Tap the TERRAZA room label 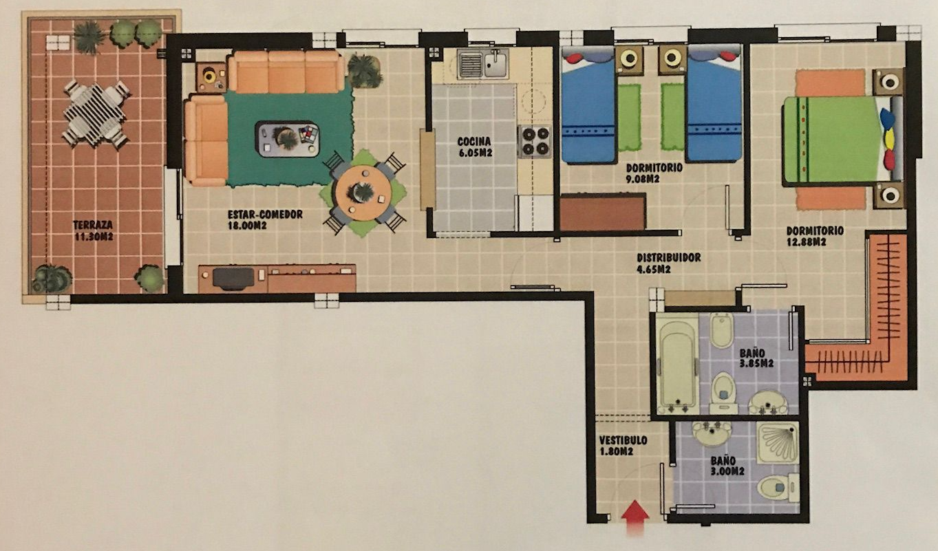[94, 224]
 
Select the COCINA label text [474, 142]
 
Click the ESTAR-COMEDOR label [265, 215]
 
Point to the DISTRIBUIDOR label [669, 257]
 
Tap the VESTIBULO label [623, 440]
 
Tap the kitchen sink [483, 64]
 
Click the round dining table [363, 193]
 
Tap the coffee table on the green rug [287, 138]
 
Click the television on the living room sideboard [233, 278]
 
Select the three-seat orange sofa [286, 72]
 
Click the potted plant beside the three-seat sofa [364, 71]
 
